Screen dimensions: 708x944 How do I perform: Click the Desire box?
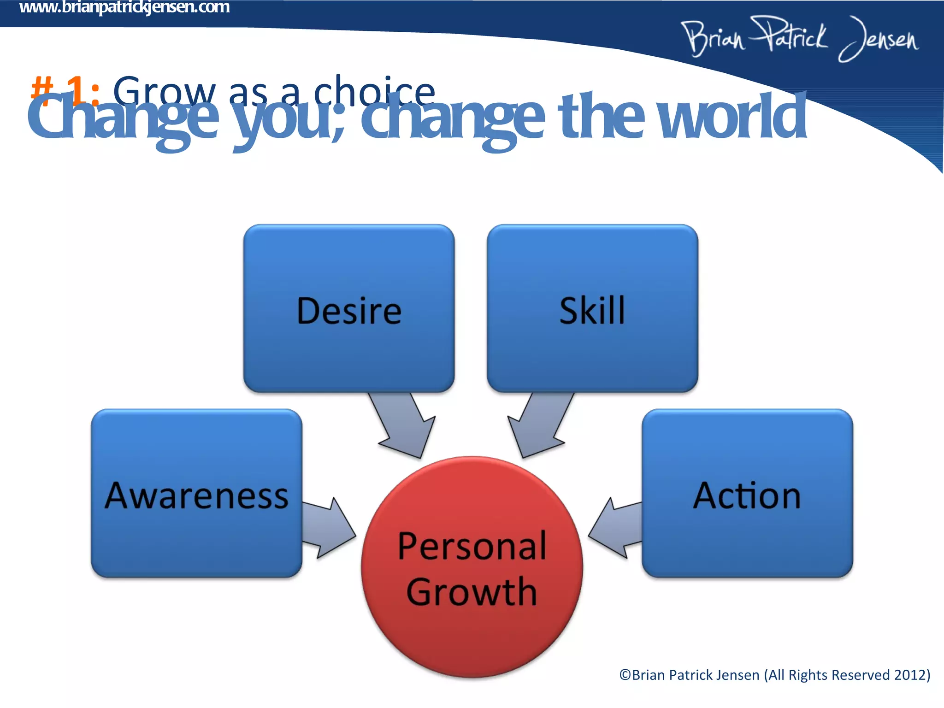pyautogui.click(x=349, y=309)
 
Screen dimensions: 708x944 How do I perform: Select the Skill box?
pyautogui.click(x=592, y=309)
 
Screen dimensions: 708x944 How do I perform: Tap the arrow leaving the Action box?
pyautogui.click(x=615, y=528)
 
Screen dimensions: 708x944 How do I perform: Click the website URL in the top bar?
pyautogui.click(x=124, y=7)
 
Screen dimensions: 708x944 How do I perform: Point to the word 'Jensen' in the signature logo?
pyautogui.click(x=878, y=39)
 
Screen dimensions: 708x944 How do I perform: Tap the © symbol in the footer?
pyautogui.click(x=625, y=675)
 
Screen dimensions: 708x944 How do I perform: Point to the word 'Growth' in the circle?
pyautogui.click(x=472, y=592)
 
